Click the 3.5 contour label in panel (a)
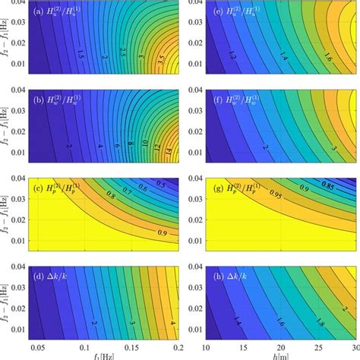click(x=160, y=57)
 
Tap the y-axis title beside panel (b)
click(x=7, y=131)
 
